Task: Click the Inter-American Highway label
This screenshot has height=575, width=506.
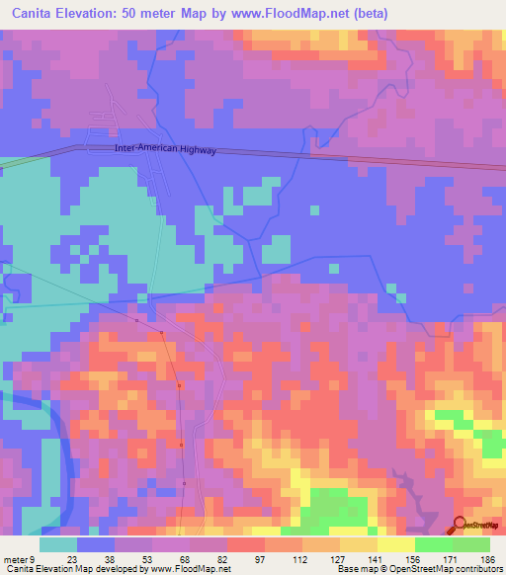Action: click(x=163, y=150)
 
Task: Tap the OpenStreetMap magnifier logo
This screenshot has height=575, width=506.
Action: click(x=460, y=525)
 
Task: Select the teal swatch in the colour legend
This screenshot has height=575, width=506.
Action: click(x=58, y=543)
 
